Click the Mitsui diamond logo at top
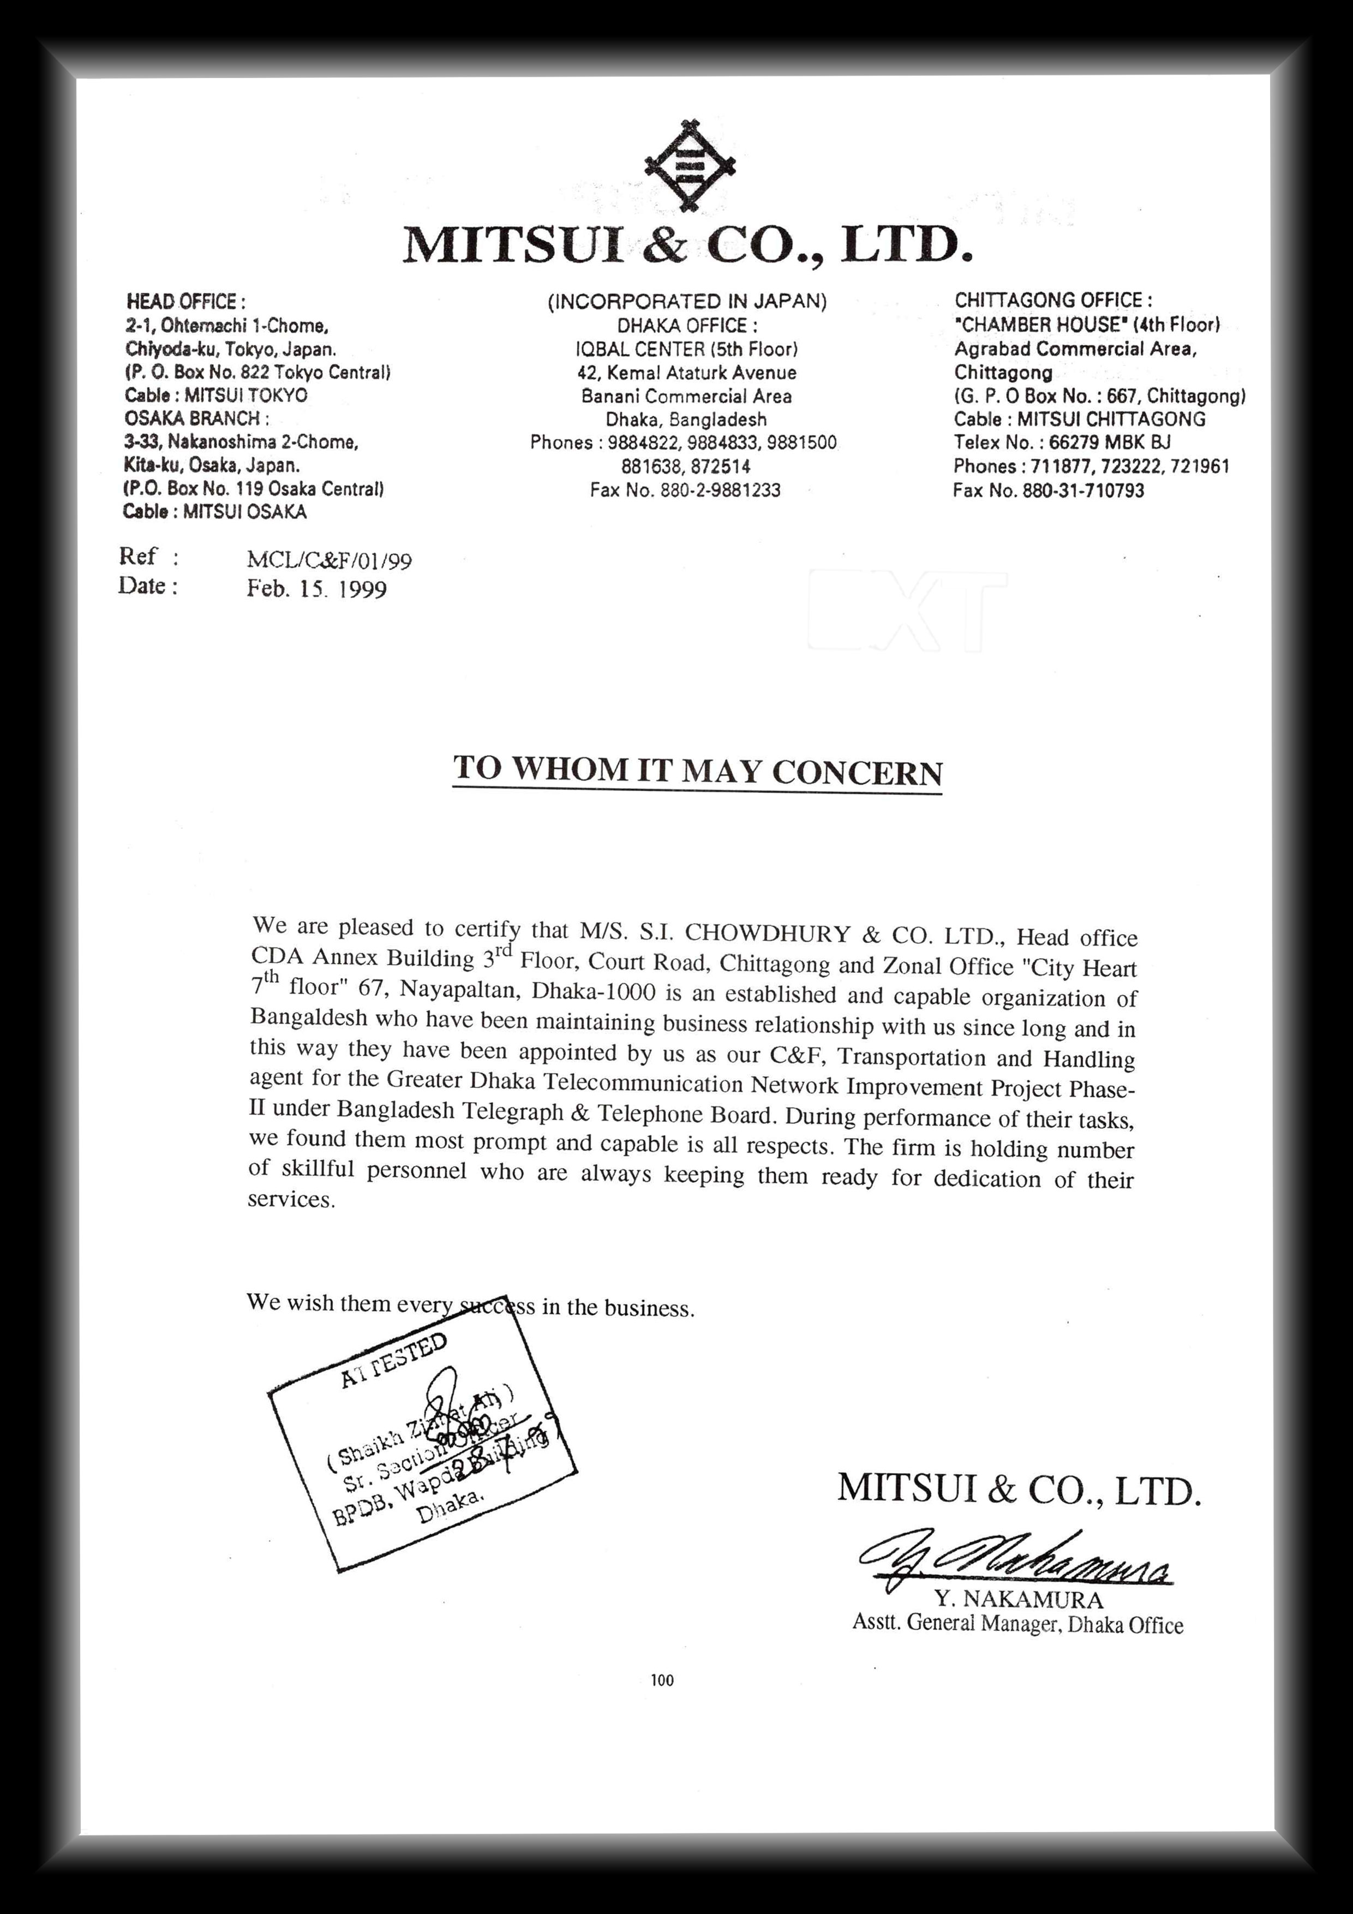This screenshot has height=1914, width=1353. tap(689, 166)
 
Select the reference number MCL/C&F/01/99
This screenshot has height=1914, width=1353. tap(330, 560)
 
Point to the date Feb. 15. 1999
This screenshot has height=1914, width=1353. tap(317, 589)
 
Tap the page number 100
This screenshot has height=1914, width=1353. tap(662, 1680)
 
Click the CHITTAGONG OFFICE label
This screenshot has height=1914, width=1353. tap(1053, 300)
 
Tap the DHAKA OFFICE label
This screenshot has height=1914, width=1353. tap(687, 325)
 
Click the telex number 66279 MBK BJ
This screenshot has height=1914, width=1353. tap(1110, 442)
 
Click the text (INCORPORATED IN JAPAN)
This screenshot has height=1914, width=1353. tap(687, 302)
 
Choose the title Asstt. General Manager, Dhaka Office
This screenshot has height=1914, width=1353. tap(1017, 1624)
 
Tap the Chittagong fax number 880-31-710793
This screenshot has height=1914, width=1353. tap(1083, 490)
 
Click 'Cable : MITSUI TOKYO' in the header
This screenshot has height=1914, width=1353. tap(216, 395)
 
